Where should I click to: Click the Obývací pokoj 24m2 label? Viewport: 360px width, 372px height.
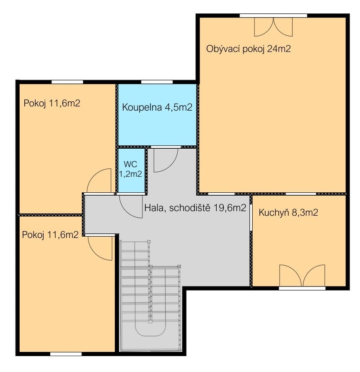pyautogui.click(x=248, y=49)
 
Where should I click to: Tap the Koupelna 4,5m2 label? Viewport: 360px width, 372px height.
pyautogui.click(x=157, y=107)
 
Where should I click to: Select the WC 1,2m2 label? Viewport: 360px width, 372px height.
pyautogui.click(x=130, y=169)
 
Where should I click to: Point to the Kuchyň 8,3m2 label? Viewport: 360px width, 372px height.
pyautogui.click(x=288, y=212)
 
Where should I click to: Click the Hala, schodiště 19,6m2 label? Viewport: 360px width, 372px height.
pyautogui.click(x=195, y=208)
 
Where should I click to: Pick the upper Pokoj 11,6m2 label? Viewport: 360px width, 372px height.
pyautogui.click(x=52, y=103)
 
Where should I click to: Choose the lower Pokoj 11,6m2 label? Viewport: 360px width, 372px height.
pyautogui.click(x=50, y=235)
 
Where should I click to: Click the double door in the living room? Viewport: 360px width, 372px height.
pyautogui.click(x=273, y=26)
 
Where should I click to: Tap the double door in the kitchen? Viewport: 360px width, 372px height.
pyautogui.click(x=302, y=276)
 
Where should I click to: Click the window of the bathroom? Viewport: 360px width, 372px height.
pyautogui.click(x=157, y=82)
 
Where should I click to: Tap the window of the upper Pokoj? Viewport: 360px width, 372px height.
pyautogui.click(x=67, y=82)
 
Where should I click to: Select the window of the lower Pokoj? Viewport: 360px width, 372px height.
pyautogui.click(x=66, y=354)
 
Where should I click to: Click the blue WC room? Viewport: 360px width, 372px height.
pyautogui.click(x=132, y=170)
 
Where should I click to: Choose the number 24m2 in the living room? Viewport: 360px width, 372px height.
pyautogui.click(x=279, y=49)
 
